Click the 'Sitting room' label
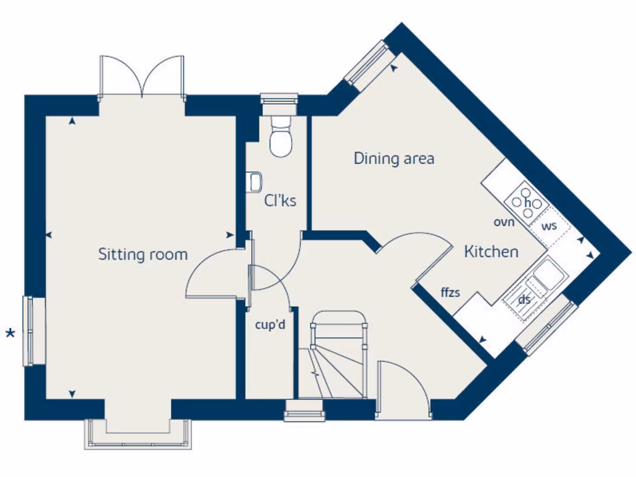click(143, 254)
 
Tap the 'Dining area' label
click(394, 158)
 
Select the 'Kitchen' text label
click(491, 252)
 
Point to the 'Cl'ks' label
click(280, 201)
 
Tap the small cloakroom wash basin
click(253, 181)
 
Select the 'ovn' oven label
click(504, 222)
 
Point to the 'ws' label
click(548, 225)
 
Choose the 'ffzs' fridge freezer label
click(450, 292)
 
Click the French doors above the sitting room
click(142, 76)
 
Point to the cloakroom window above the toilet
click(279, 100)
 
